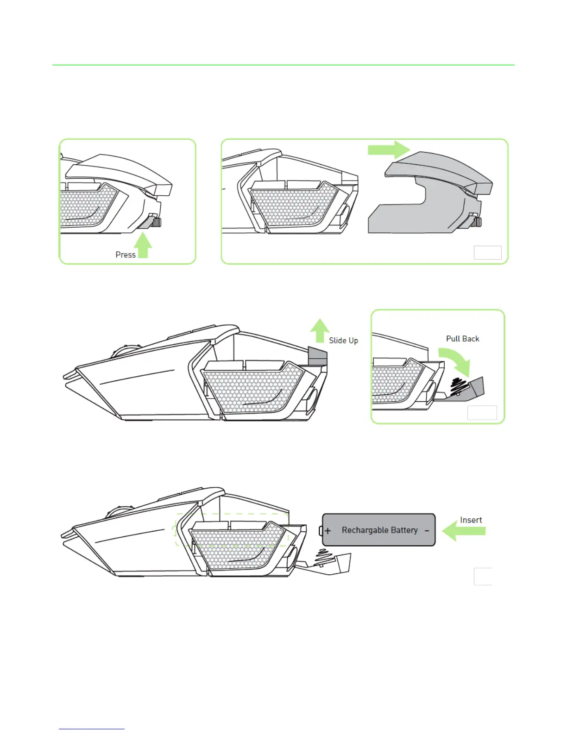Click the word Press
coord(126,255)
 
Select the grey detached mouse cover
coord(431,194)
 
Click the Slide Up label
coord(343,341)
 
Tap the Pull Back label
coord(462,339)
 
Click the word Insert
coord(471,520)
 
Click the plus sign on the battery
coord(328,531)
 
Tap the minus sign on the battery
coord(427,531)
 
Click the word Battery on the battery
coord(405,530)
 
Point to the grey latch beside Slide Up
coord(317,356)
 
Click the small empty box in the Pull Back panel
coord(482,412)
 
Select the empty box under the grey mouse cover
coord(487,253)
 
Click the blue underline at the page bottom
coord(92,729)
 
